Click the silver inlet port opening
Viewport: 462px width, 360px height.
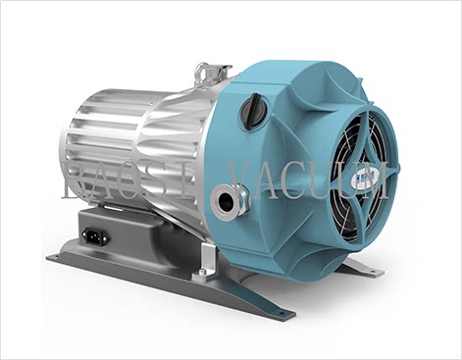click(228, 202)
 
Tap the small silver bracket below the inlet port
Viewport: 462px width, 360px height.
click(206, 257)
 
